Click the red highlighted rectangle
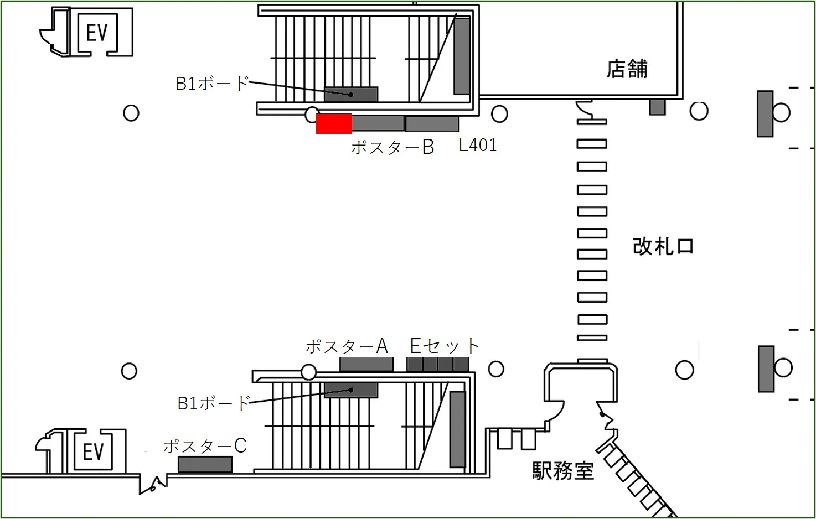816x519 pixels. [x=334, y=123]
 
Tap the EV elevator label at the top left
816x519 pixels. [x=97, y=33]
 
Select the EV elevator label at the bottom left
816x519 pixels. [x=93, y=451]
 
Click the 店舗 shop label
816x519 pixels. [x=627, y=69]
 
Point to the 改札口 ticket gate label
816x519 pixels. [x=663, y=246]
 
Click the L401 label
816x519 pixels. [x=478, y=145]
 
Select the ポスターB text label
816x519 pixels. [x=392, y=147]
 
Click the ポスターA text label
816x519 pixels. [x=347, y=346]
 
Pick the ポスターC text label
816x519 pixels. [x=205, y=446]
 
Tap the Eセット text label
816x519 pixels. [x=444, y=346]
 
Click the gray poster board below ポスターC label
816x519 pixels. [x=205, y=464]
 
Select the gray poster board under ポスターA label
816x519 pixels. [x=366, y=364]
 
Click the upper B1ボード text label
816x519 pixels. [x=212, y=83]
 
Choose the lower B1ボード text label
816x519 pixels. [x=214, y=403]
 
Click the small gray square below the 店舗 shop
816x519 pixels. [x=657, y=107]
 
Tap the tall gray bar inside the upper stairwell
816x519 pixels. [x=462, y=56]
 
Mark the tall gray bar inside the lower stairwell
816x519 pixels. [x=457, y=429]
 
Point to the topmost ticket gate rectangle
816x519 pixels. [x=592, y=121]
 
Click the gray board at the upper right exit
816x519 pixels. [x=765, y=113]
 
